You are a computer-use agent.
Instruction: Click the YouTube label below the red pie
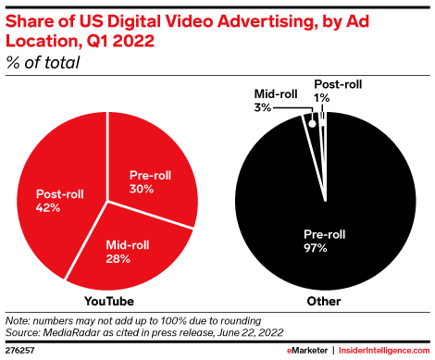pos(108,302)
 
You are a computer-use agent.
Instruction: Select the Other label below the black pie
pos(325,302)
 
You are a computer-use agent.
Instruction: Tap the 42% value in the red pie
pos(49,208)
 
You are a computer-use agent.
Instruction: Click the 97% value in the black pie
pos(324,247)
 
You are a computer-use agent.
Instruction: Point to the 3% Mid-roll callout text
pos(264,107)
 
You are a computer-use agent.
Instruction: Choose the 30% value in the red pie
pos(142,189)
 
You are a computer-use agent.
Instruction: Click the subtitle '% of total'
pos(43,63)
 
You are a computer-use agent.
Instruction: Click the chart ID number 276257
pos(21,351)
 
